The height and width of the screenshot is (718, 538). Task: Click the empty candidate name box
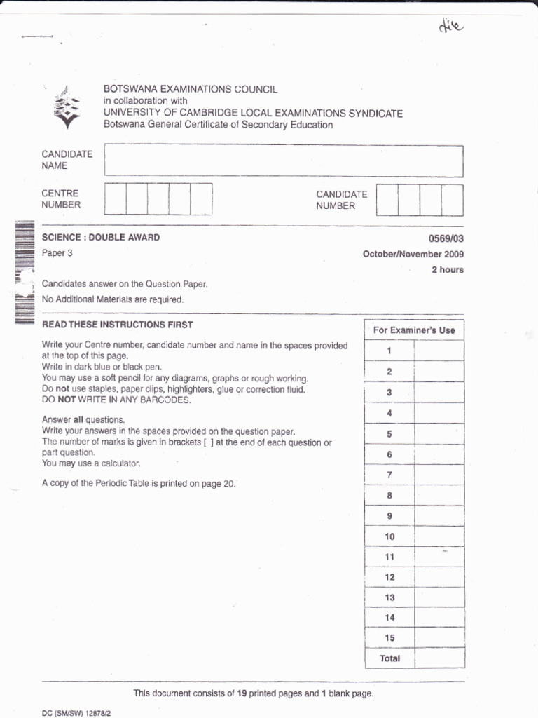[x=283, y=161]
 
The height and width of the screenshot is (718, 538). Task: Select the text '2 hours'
[x=447, y=269]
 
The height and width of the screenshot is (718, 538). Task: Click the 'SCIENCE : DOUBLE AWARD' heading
[x=101, y=238]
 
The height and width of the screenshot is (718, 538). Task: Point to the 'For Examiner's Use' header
[x=414, y=330]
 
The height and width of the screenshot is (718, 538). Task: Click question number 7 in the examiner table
[x=389, y=475]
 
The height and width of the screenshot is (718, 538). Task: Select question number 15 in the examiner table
[x=389, y=638]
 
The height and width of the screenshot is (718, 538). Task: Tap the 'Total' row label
[x=389, y=658]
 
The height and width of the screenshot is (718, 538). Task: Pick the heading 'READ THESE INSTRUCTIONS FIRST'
[x=117, y=325]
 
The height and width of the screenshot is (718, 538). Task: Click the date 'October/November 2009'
[x=413, y=255]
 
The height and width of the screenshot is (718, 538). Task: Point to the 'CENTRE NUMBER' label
[x=61, y=199]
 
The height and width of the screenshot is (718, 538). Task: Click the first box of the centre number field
[x=115, y=199]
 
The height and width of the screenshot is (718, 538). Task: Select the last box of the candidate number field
[x=453, y=200]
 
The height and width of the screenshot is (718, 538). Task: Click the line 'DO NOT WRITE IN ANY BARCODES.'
[x=116, y=400]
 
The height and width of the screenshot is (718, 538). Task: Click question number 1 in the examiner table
[x=389, y=351]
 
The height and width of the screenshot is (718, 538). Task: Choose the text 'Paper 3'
[x=57, y=253]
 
